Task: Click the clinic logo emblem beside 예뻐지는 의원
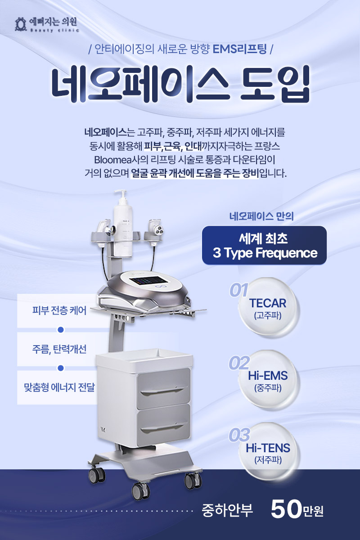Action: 21,24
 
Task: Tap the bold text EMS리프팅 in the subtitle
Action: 240,49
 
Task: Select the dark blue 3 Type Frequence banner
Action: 264,245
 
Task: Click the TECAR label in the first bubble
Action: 268,303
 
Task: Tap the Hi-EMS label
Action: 268,376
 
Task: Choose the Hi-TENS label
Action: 268,448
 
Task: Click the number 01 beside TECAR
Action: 238,290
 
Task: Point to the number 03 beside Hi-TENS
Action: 239,435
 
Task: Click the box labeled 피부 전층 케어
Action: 59,310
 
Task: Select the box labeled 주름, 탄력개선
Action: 59,349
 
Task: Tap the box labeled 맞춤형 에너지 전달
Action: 59,387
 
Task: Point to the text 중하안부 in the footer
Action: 227,510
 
